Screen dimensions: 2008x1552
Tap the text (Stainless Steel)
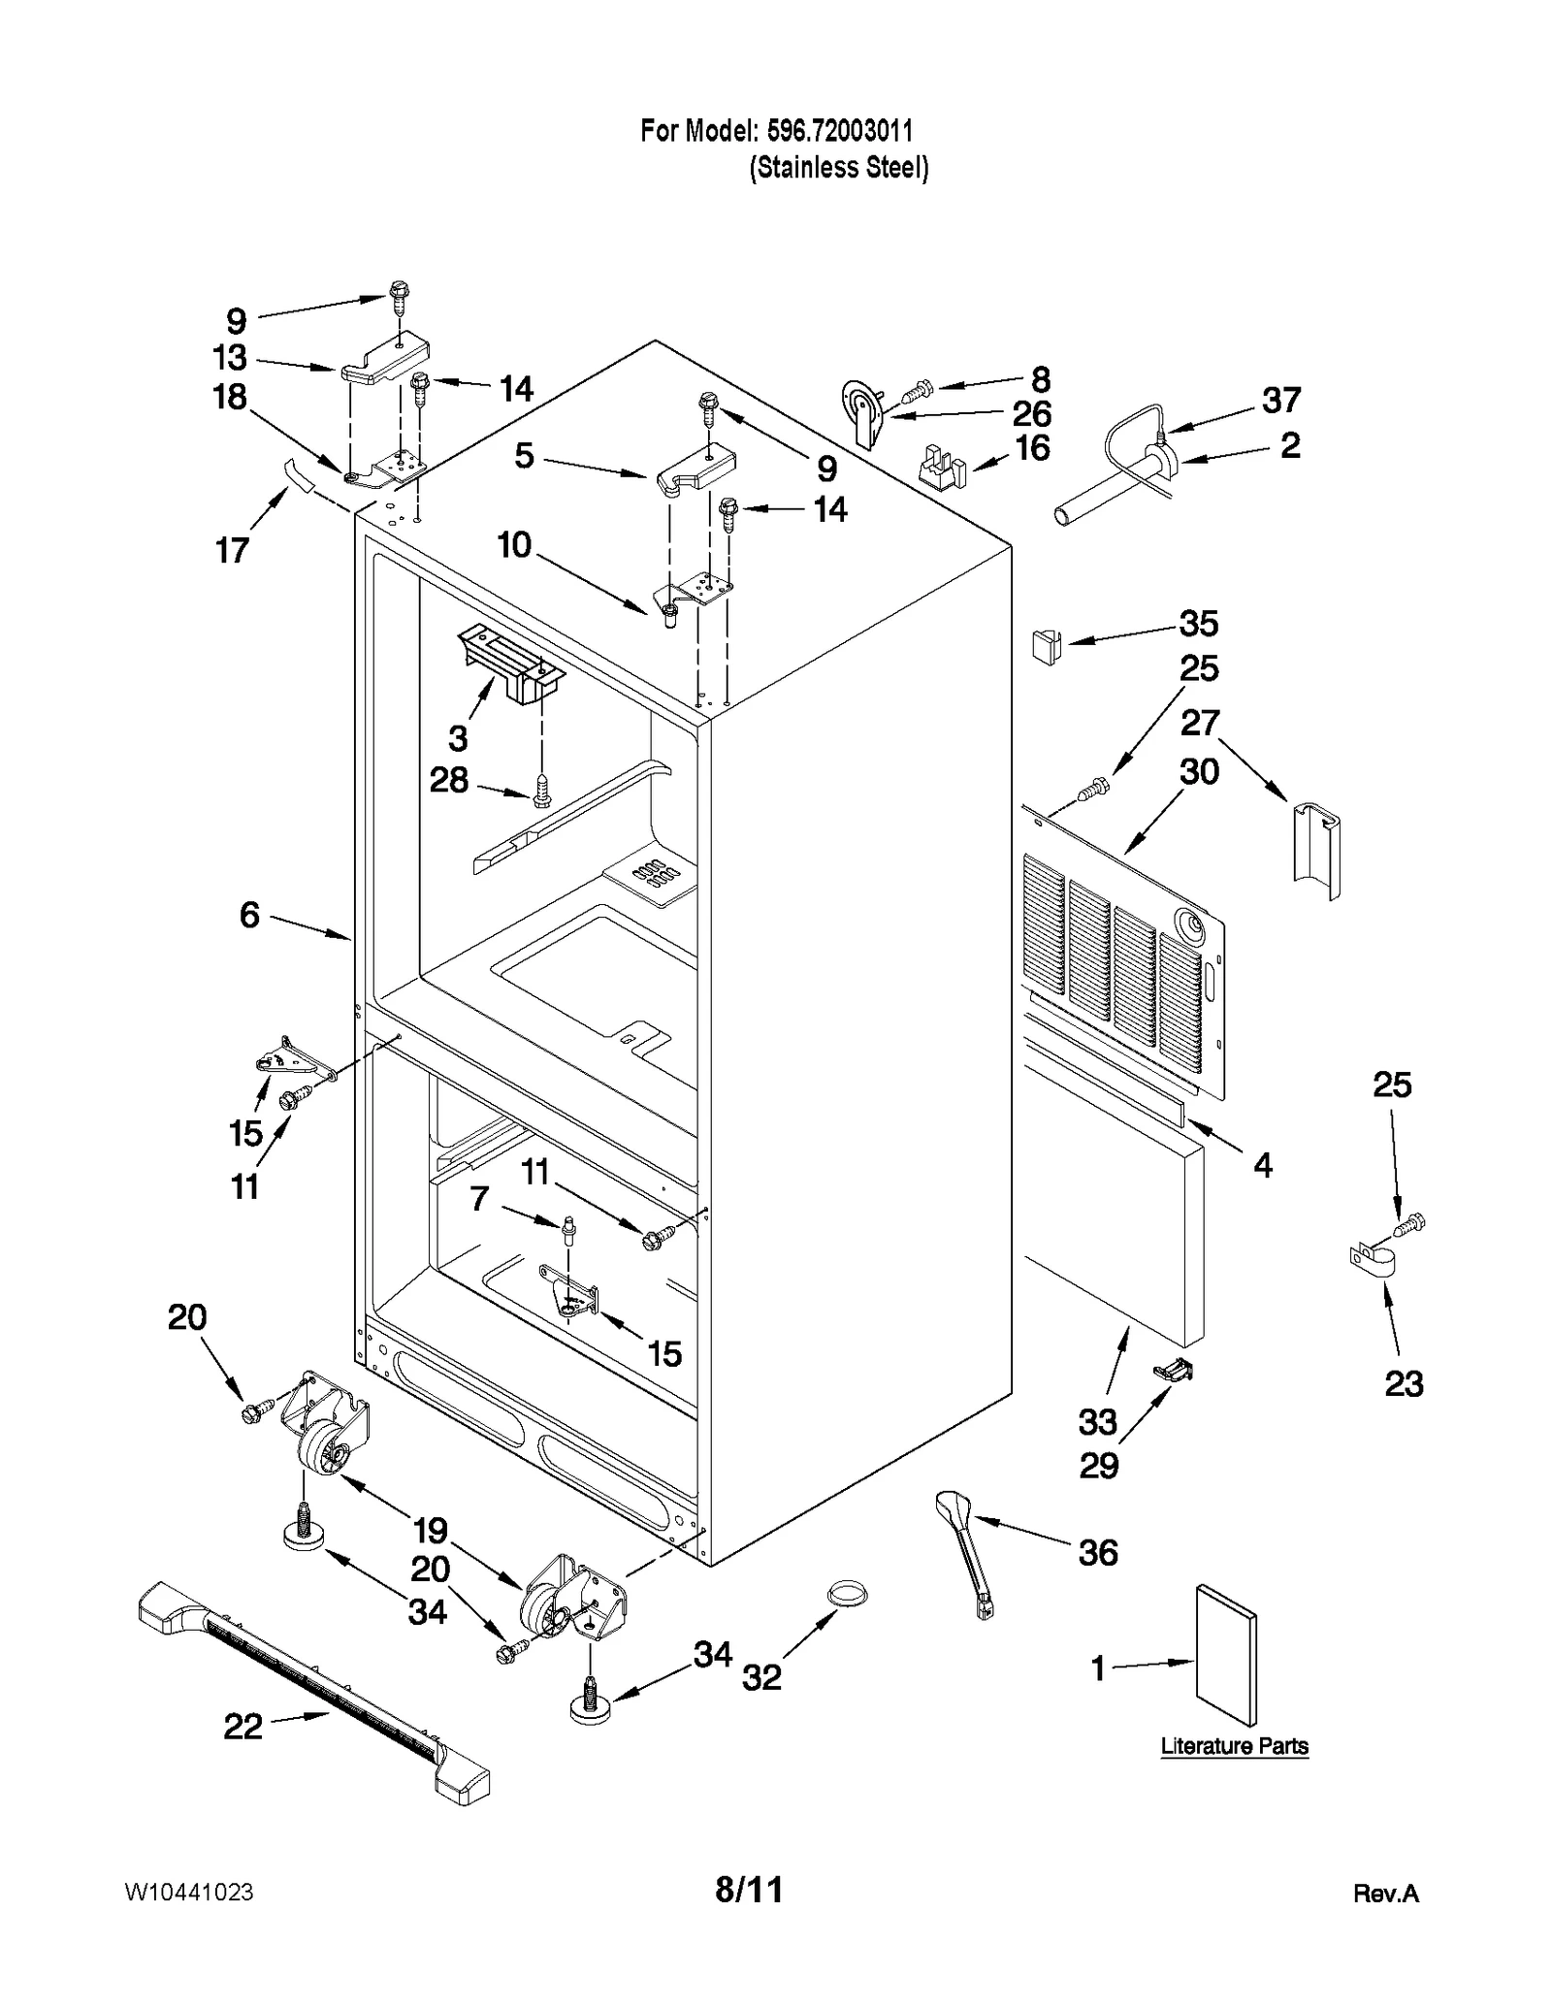pyautogui.click(x=838, y=168)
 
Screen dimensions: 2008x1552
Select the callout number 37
pyautogui.click(x=1280, y=400)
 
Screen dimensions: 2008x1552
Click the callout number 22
pyautogui.click(x=242, y=1726)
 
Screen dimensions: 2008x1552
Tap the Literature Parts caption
pyautogui.click(x=1234, y=1746)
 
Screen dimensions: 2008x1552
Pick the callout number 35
pyautogui.click(x=1198, y=624)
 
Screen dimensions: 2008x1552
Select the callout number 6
pyautogui.click(x=249, y=914)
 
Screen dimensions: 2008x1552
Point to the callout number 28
pyautogui.click(x=449, y=780)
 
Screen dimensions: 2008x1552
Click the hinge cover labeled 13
pyautogui.click(x=386, y=358)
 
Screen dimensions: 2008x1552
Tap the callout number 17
pyautogui.click(x=232, y=551)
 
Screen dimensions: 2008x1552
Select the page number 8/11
pyautogui.click(x=748, y=1889)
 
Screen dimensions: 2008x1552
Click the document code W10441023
pyautogui.click(x=190, y=1892)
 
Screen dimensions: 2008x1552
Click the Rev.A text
pyautogui.click(x=1385, y=1894)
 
